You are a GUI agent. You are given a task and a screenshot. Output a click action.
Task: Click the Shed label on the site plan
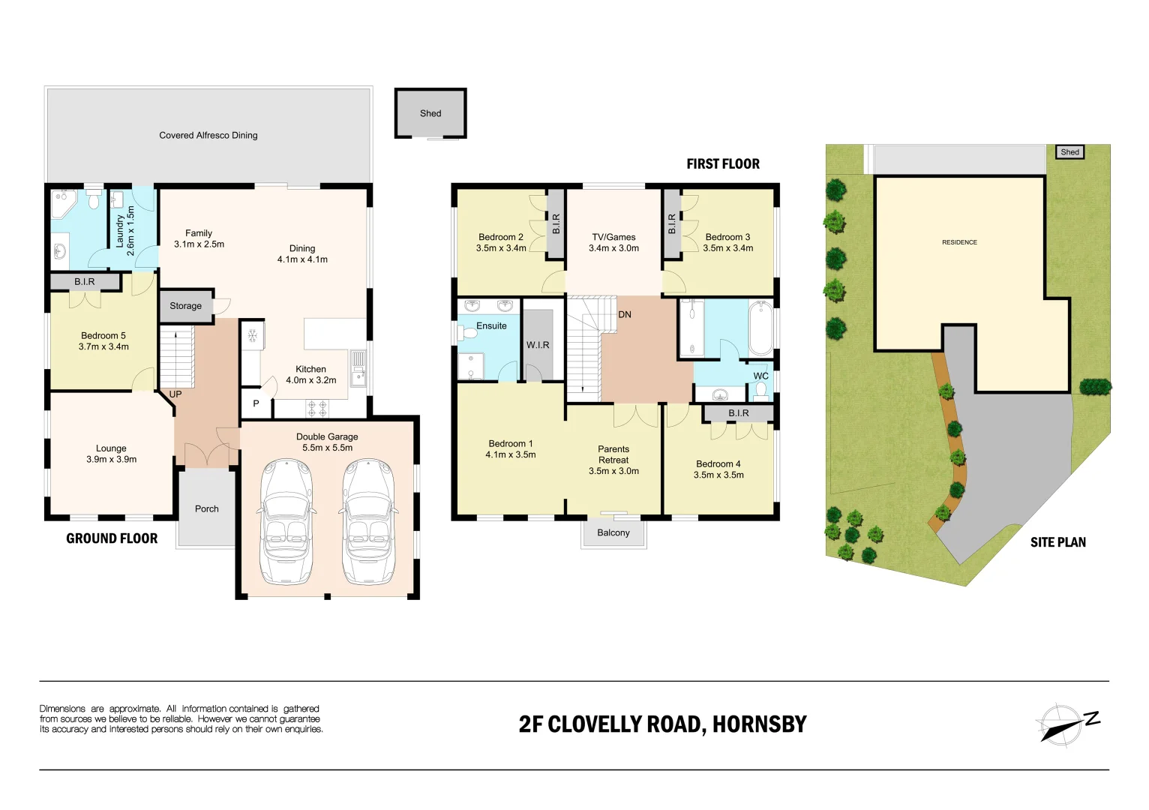tap(1069, 152)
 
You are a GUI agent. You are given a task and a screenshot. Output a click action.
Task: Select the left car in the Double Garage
tap(286, 523)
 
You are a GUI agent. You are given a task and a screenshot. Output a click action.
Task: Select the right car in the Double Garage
tap(368, 523)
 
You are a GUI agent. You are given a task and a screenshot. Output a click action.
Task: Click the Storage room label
tap(185, 306)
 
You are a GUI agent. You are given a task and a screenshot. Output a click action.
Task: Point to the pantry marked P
tap(256, 403)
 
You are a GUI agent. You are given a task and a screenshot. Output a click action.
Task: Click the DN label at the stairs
tap(625, 315)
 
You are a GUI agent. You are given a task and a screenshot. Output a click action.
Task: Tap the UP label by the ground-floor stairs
tap(175, 394)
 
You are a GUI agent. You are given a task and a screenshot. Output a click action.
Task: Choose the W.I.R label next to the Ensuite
tap(538, 345)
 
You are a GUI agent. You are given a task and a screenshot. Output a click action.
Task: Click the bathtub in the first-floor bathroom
tap(760, 328)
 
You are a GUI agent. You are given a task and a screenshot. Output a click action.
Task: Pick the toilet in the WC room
tap(760, 390)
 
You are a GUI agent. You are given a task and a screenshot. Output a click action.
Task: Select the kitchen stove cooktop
tap(317, 409)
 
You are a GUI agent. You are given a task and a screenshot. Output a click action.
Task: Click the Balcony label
tap(613, 533)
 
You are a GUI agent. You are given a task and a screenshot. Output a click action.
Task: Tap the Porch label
tap(207, 509)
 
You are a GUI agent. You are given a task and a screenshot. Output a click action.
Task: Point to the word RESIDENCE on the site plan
tap(959, 242)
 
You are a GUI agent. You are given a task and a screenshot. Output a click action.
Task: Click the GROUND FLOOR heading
tap(112, 538)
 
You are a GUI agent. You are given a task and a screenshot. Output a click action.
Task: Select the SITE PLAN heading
tap(1057, 542)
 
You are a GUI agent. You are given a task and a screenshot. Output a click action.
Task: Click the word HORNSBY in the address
tap(759, 724)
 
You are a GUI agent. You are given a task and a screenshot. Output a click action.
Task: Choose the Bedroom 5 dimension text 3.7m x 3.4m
tap(103, 347)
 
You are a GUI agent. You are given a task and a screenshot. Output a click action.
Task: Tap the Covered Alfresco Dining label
tap(208, 136)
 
